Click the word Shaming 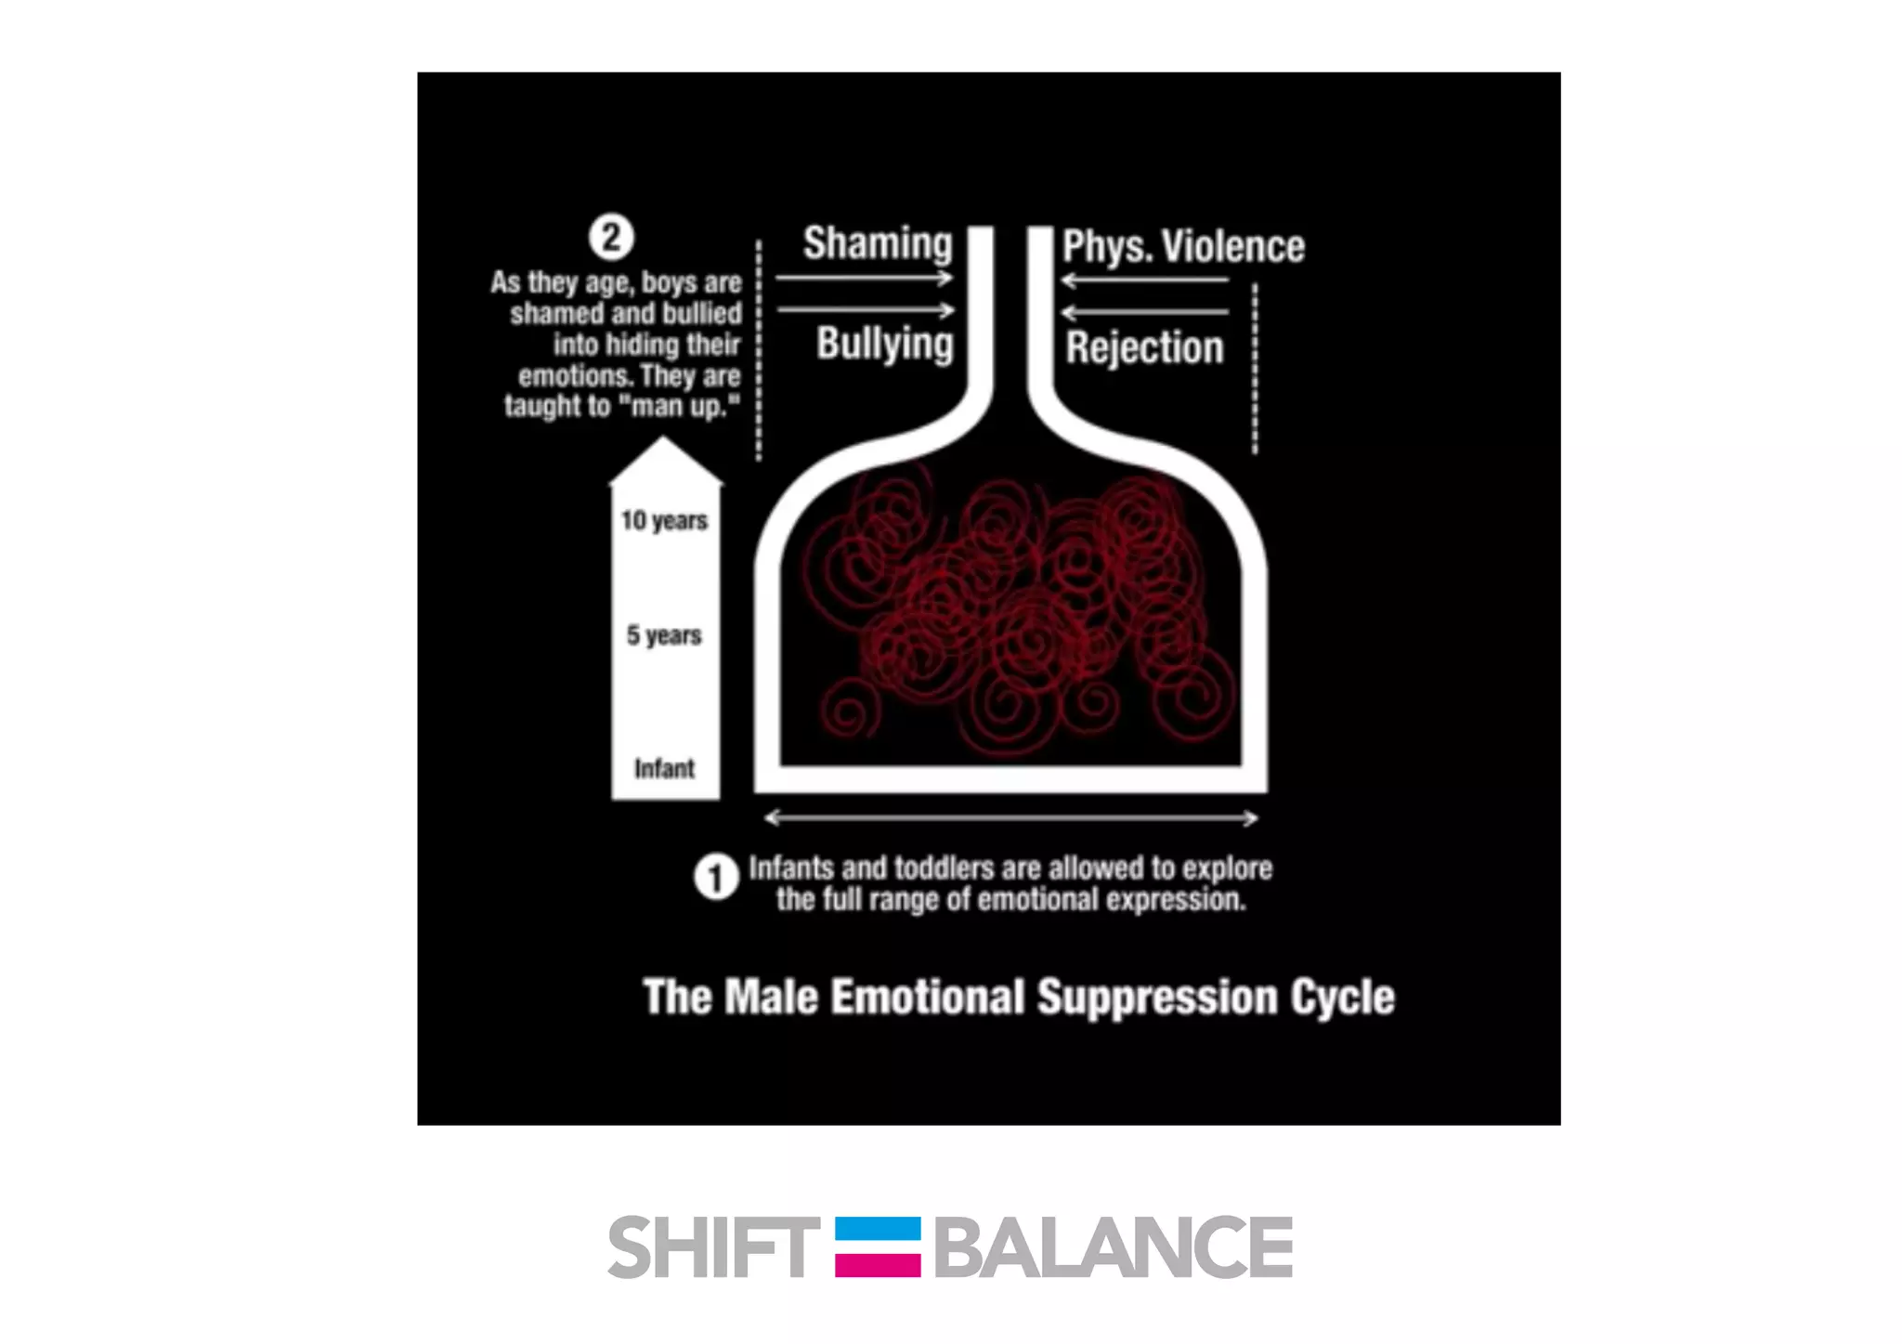[x=878, y=243]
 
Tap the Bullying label [x=884, y=344]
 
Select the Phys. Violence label [x=1183, y=246]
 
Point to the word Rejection [x=1144, y=347]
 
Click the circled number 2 [x=611, y=237]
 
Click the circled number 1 [x=715, y=878]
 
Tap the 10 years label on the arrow [x=664, y=520]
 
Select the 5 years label [x=664, y=635]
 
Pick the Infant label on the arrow [x=664, y=768]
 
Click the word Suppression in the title [x=1156, y=997]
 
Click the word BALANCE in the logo [x=1113, y=1246]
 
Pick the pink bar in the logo [x=878, y=1264]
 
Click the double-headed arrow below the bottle [x=1010, y=818]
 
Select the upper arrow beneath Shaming [x=864, y=278]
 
